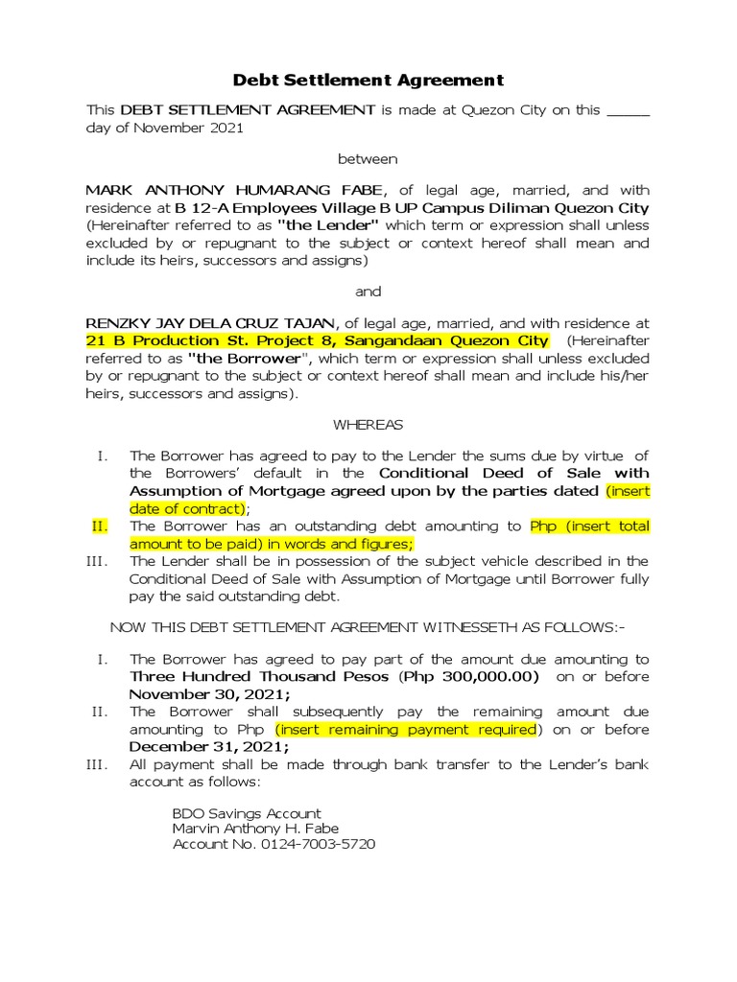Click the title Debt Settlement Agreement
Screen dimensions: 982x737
tap(368, 81)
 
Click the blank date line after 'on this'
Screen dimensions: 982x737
tap(628, 111)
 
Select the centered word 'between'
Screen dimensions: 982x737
tap(368, 158)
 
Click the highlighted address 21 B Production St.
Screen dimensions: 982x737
tap(318, 341)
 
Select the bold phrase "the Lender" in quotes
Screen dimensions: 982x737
tap(328, 225)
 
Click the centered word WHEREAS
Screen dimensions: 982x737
tap(368, 424)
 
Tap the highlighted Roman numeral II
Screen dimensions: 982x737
tap(101, 526)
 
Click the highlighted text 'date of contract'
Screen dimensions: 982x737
tap(188, 508)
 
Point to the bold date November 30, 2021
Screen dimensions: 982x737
tap(210, 694)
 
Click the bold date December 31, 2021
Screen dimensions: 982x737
tap(209, 747)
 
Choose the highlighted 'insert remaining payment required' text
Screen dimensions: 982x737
tap(407, 730)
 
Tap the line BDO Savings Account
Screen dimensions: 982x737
tap(247, 813)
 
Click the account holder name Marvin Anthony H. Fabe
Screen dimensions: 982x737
tap(255, 829)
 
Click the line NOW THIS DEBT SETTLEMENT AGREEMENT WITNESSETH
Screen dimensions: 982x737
tap(368, 627)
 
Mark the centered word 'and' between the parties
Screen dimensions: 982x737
tap(368, 292)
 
